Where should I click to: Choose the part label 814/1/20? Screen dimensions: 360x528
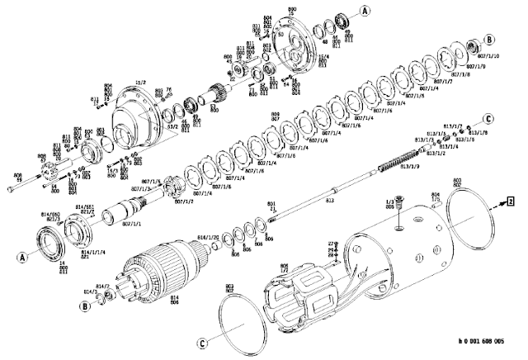[x=208, y=238]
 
